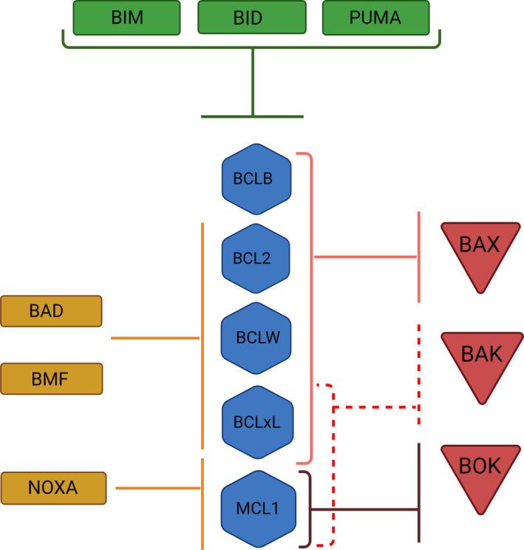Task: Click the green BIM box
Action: (126, 18)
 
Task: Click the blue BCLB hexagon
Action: (256, 178)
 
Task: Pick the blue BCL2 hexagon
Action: (256, 259)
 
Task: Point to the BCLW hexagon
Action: (256, 339)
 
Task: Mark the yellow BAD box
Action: (51, 310)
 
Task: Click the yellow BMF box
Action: (51, 378)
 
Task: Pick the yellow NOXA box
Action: (51, 488)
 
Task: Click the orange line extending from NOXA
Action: (158, 488)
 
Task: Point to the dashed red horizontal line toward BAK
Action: (377, 407)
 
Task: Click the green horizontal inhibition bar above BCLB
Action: (252, 117)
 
